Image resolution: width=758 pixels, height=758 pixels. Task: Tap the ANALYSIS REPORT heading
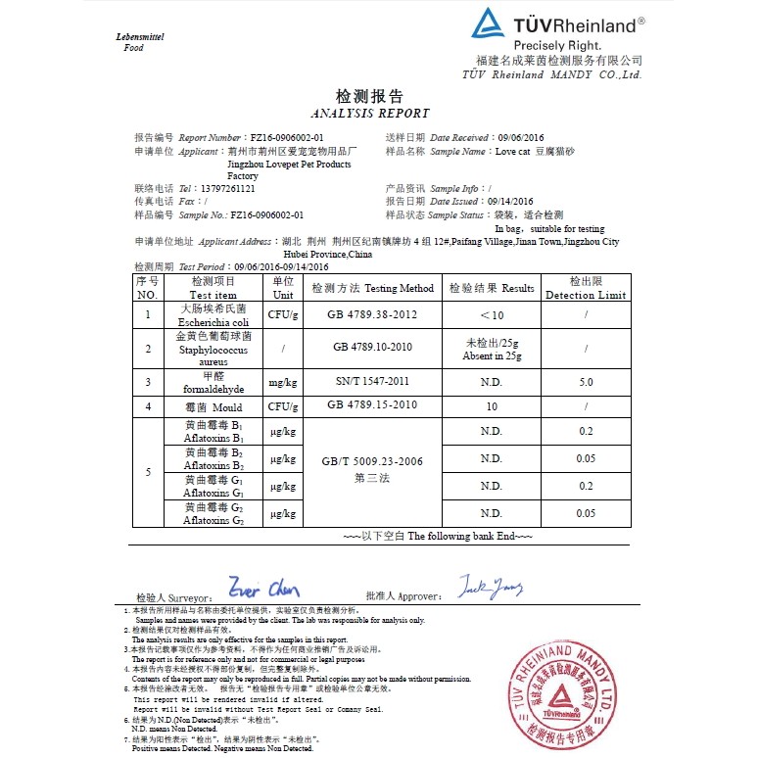[x=369, y=114]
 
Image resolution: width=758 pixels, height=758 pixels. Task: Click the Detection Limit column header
[x=585, y=288]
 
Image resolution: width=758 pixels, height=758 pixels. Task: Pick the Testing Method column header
[x=372, y=289]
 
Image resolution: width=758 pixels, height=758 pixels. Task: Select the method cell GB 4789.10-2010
[x=372, y=348]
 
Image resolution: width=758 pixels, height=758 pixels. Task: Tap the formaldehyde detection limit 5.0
[x=586, y=382]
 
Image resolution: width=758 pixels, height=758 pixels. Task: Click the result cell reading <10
[x=491, y=315]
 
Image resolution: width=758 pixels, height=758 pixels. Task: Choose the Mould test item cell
[x=213, y=405]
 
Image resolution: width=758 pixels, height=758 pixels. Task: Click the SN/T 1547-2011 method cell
[x=372, y=382]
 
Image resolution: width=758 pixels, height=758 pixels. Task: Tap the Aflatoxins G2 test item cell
[x=213, y=514]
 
